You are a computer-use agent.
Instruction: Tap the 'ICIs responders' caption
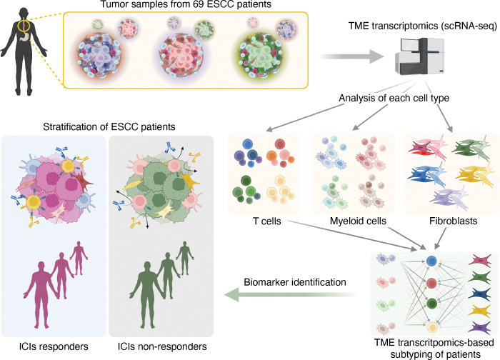(51, 347)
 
